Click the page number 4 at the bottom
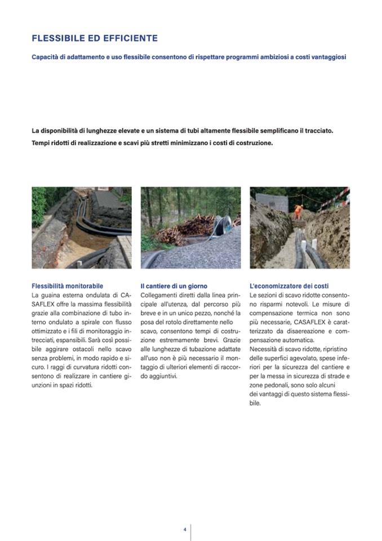coord(184,529)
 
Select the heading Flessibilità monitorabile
coord(68,286)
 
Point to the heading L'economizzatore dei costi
coord(289,286)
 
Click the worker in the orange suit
coord(298,212)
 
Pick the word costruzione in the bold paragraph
coord(252,143)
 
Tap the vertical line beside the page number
coord(191,531)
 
